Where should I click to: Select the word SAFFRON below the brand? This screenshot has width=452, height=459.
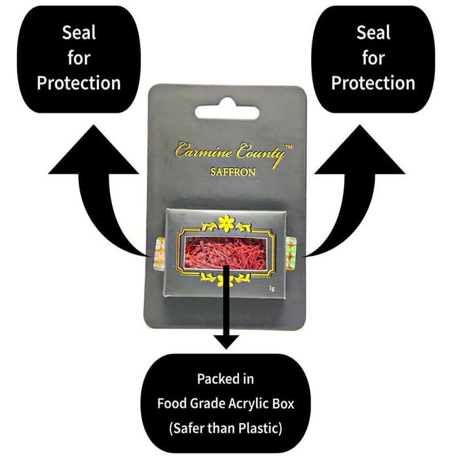233,172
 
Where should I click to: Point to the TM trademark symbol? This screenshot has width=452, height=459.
288,147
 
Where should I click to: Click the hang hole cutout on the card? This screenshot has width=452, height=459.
227,110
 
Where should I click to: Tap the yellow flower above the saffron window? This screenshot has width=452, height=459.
226,223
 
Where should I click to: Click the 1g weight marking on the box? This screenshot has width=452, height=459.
272,289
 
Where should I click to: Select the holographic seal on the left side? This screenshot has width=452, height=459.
159,254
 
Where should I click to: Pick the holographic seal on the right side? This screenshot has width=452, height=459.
291,254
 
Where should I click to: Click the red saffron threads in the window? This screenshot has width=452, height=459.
225,253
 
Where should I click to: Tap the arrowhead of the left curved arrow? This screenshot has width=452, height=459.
93,150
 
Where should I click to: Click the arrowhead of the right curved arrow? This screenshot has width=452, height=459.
360,150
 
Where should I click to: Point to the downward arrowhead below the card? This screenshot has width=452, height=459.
226,342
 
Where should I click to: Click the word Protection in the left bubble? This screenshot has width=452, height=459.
79,83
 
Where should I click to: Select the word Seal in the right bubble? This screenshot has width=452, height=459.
373,33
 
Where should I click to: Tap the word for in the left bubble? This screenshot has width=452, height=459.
79,58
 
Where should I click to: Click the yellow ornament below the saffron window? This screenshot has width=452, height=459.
226,279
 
